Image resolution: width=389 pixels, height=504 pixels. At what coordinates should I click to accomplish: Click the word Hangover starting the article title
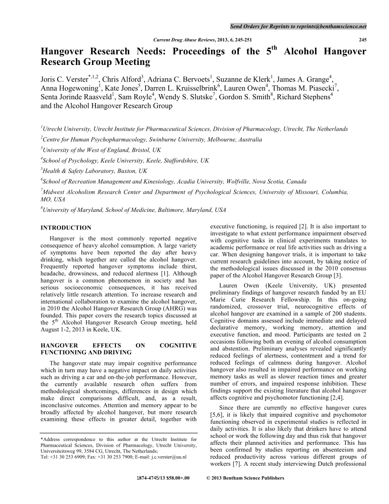(x=62, y=52)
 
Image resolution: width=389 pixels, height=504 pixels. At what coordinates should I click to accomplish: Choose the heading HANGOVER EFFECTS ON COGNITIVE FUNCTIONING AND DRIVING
(x=118, y=348)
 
